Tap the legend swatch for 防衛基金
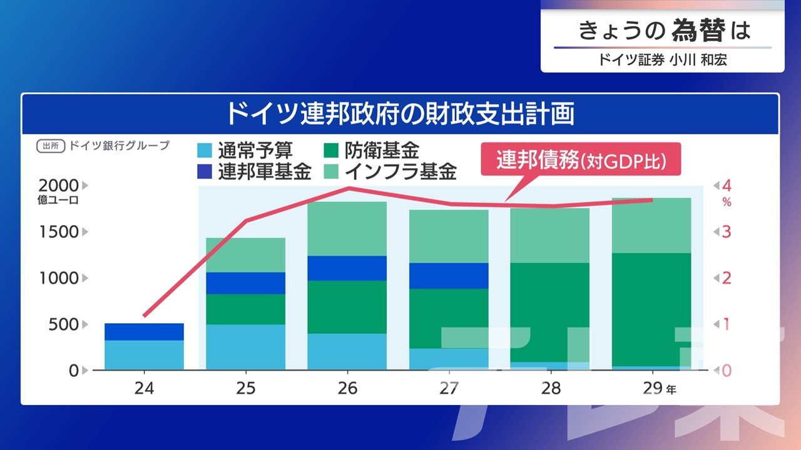point(332,151)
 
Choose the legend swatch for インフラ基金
point(332,171)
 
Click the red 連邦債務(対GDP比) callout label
point(581,161)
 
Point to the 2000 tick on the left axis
point(58,186)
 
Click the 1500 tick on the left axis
point(58,232)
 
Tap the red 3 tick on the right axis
point(727,232)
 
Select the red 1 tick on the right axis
point(727,324)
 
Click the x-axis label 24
point(144,388)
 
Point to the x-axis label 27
point(449,388)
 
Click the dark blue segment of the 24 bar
point(144,332)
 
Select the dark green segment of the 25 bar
point(245,309)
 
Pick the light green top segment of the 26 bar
point(347,229)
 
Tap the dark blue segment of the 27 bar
point(449,276)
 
